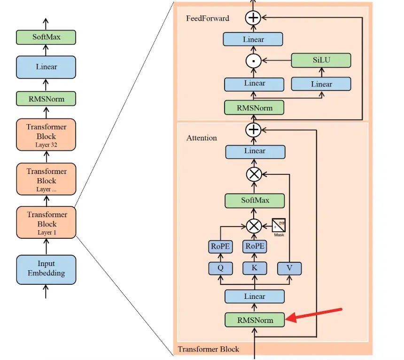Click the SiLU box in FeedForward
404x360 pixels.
pos(321,60)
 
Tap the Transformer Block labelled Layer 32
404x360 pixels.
pos(46,135)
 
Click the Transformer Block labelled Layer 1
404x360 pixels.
pos(46,223)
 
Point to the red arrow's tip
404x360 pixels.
pos(287,320)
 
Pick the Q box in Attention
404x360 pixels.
pos(220,268)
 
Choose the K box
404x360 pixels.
pos(255,268)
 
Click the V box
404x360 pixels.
pos(289,268)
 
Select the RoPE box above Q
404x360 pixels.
pos(220,246)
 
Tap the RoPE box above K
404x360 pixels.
pos(255,246)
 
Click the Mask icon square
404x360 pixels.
pos(279,225)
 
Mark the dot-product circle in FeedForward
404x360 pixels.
pos(254,61)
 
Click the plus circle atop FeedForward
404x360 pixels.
pos(254,18)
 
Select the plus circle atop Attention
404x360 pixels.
pos(254,129)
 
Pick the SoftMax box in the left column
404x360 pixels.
pos(46,37)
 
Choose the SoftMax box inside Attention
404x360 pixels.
pos(255,201)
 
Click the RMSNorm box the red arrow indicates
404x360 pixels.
pos(255,320)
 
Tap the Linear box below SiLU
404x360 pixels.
pos(321,84)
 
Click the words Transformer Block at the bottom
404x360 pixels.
pos(208,349)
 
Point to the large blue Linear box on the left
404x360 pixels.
pos(46,67)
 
